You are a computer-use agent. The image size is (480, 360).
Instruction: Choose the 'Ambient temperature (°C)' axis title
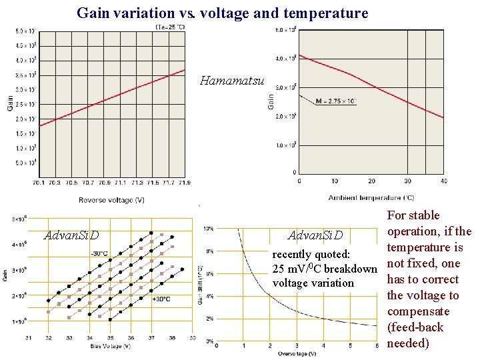pos(371,197)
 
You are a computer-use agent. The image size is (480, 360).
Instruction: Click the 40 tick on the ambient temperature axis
pos(443,181)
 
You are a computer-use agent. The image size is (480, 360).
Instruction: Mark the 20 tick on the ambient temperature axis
pos(371,181)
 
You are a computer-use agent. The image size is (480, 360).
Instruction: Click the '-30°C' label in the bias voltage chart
pos(99,253)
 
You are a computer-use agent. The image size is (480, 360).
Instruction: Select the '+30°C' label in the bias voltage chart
pos(160,299)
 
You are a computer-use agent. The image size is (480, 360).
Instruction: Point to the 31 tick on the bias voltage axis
pos(29,337)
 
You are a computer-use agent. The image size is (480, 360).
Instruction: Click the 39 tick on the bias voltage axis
pos(192,337)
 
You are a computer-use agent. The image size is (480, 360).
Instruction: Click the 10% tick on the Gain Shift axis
pos(209,228)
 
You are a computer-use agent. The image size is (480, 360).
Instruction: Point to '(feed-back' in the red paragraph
pos(415,327)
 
